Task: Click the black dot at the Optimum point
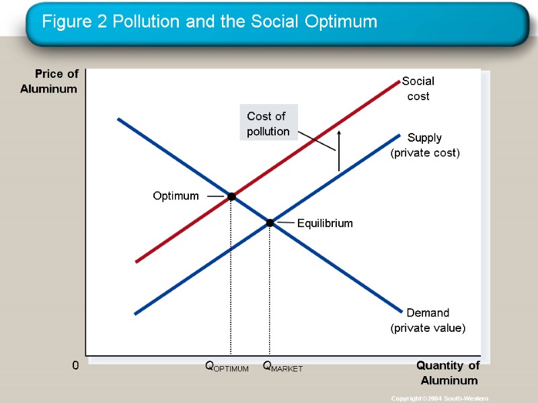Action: [x=231, y=197]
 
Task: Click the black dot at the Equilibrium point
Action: [x=270, y=223]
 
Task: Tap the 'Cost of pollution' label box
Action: [x=268, y=124]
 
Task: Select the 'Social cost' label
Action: [x=418, y=89]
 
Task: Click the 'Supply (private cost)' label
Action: [x=425, y=145]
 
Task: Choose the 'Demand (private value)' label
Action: [x=428, y=320]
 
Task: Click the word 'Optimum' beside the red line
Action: [x=176, y=196]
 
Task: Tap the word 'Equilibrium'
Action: [x=325, y=224]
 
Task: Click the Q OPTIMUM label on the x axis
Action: [x=227, y=367]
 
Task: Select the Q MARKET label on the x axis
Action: [x=282, y=367]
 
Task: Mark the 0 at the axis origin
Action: [x=75, y=366]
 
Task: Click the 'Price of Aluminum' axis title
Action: [x=49, y=81]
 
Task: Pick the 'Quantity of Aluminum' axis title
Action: [x=448, y=373]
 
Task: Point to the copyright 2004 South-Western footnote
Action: [x=439, y=398]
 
